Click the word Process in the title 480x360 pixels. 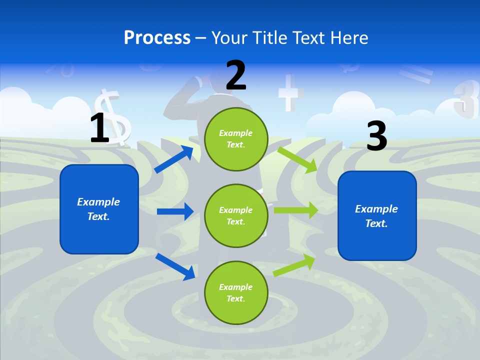(157, 38)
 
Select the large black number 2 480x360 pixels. (236, 75)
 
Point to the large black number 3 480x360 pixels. (376, 136)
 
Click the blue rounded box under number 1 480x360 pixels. (99, 209)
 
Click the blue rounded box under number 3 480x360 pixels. (377, 216)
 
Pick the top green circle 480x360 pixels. (236, 138)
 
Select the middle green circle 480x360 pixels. (236, 215)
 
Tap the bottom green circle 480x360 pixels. (236, 292)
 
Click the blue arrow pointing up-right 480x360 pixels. (174, 159)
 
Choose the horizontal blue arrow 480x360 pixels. (175, 211)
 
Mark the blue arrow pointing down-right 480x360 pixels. (175, 266)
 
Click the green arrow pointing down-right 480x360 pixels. (298, 159)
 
